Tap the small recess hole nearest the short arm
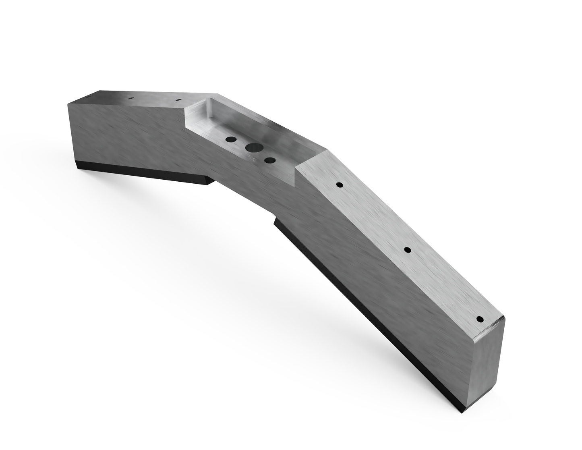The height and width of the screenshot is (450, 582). (231, 139)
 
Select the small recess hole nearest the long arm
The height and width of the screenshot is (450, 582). (269, 160)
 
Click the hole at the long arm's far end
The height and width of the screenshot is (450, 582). (480, 319)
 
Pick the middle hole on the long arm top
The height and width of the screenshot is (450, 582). (407, 250)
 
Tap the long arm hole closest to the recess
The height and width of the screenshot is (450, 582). (340, 185)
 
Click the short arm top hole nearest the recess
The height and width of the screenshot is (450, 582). (178, 100)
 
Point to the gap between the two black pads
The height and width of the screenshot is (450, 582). (242, 201)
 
